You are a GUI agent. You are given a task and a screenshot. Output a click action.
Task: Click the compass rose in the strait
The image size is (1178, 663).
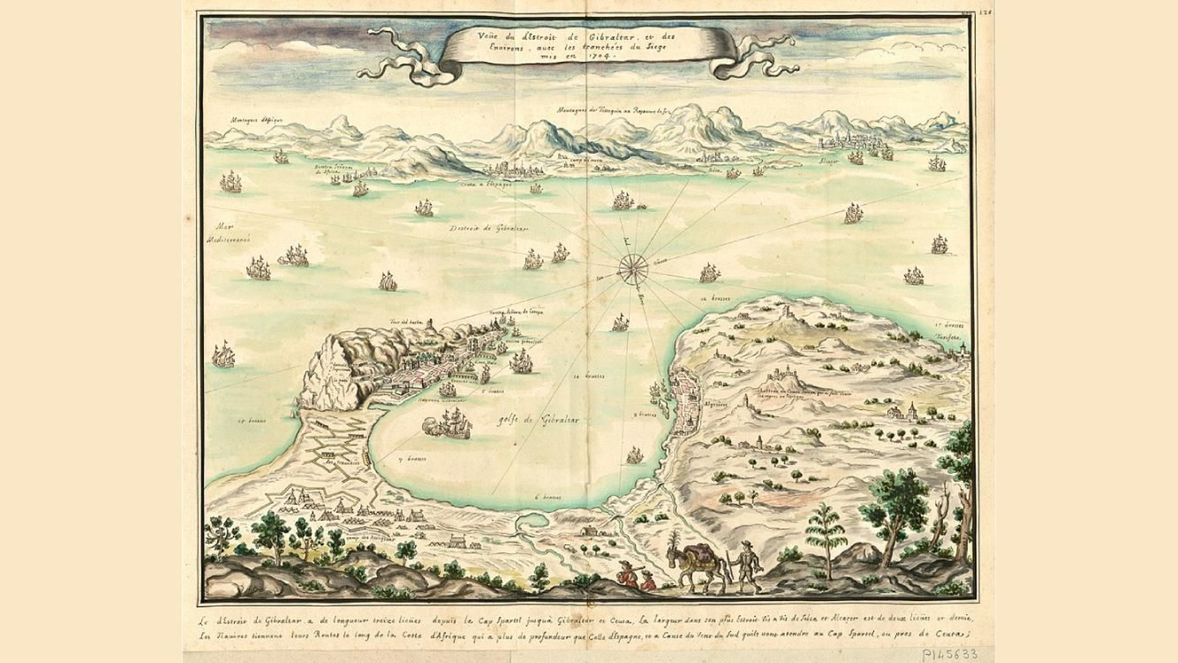[x=632, y=269]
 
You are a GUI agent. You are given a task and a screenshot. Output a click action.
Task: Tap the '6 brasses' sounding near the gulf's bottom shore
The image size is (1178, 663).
[x=549, y=497]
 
